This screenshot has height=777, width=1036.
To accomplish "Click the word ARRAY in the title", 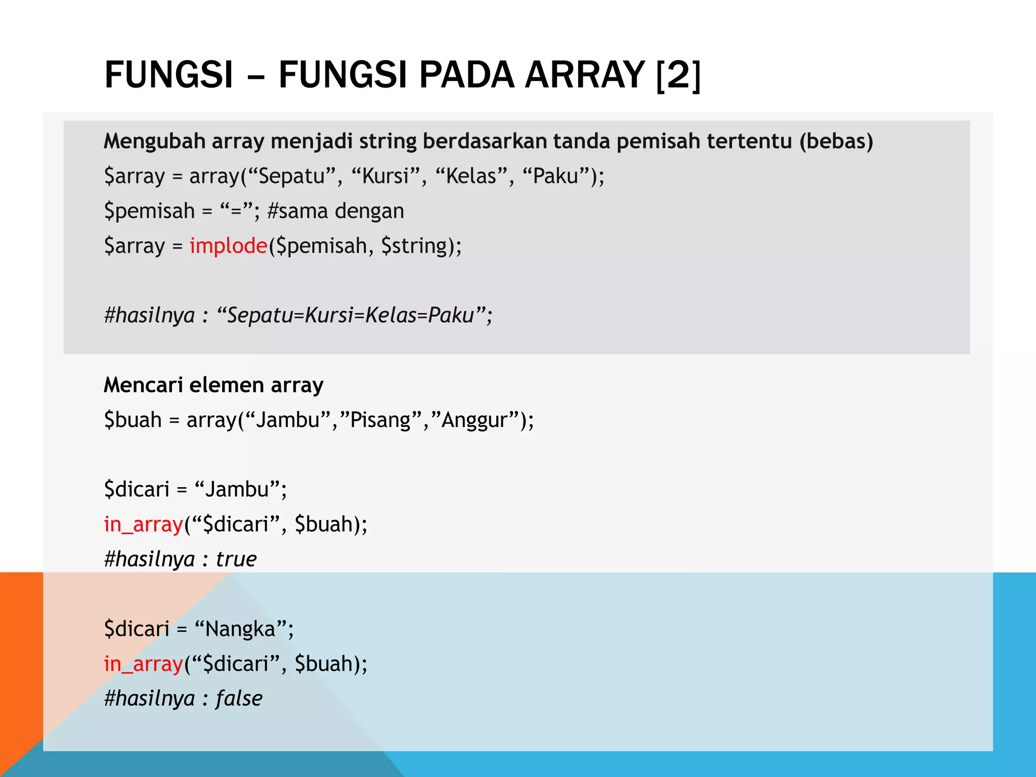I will [584, 74].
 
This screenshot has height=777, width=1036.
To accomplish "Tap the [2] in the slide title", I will [678, 75].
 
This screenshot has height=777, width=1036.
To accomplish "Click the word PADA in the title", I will [467, 74].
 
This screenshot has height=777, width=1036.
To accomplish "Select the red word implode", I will [228, 246].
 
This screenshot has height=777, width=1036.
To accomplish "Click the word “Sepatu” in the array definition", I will [293, 176].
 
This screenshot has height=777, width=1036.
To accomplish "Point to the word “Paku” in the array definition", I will [557, 176].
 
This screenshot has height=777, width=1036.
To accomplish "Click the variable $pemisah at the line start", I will [149, 211].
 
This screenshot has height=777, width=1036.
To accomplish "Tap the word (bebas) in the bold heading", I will [836, 141].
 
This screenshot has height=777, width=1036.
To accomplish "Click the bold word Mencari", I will [143, 385].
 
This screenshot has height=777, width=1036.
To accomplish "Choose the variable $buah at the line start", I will [133, 420].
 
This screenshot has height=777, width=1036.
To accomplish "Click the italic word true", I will [236, 559].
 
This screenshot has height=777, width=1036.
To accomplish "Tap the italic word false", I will [239, 699].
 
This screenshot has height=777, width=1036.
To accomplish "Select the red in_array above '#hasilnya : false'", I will [143, 664].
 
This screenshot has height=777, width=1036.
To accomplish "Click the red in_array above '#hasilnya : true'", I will [143, 524].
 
